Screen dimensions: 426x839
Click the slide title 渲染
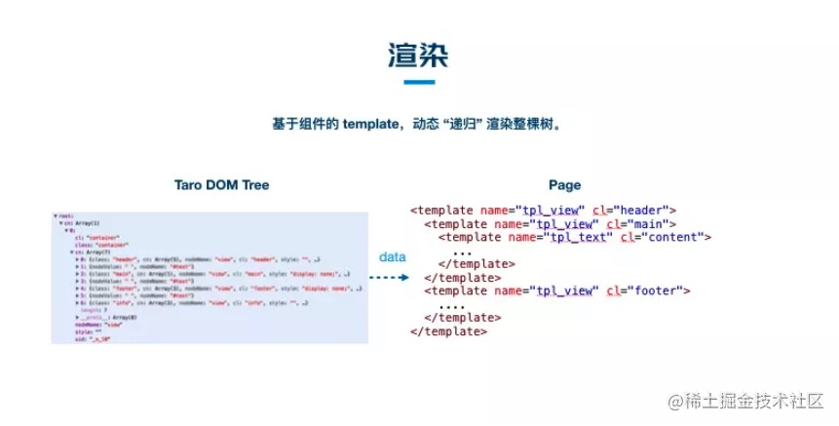(418, 56)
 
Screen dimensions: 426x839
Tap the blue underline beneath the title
(418, 83)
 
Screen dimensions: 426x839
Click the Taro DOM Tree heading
(221, 184)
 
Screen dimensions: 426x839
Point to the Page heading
(564, 184)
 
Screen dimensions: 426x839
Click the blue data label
(392, 256)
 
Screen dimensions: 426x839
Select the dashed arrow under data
(392, 277)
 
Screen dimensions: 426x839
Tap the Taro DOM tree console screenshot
(209, 276)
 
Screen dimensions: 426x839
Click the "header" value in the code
(641, 210)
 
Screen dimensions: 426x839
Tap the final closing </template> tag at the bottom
(448, 331)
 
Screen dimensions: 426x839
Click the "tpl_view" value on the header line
(552, 210)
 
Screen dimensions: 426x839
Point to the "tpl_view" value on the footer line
(565, 290)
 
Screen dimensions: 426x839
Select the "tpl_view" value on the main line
(565, 223)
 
